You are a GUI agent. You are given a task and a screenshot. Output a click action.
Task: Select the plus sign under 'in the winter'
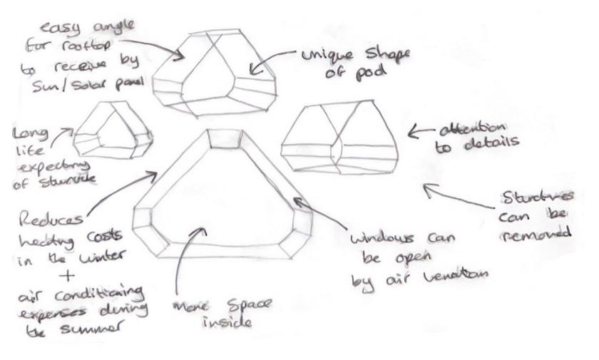[70, 275]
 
